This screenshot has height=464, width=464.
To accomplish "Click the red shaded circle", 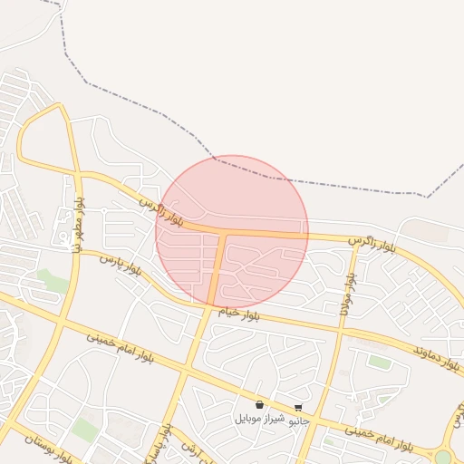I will click(x=232, y=231).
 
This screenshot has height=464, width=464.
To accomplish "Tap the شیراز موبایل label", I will click(x=260, y=418).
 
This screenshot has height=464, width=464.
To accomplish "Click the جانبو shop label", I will click(x=298, y=420).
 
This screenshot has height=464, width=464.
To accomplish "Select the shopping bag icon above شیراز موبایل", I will click(x=260, y=405).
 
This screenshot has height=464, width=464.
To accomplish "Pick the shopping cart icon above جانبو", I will click(x=298, y=408).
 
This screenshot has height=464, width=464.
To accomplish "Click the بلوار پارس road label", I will click(x=121, y=265).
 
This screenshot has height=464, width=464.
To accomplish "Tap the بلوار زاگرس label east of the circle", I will click(x=374, y=242).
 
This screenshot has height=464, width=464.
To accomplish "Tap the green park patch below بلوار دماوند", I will click(x=380, y=362).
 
